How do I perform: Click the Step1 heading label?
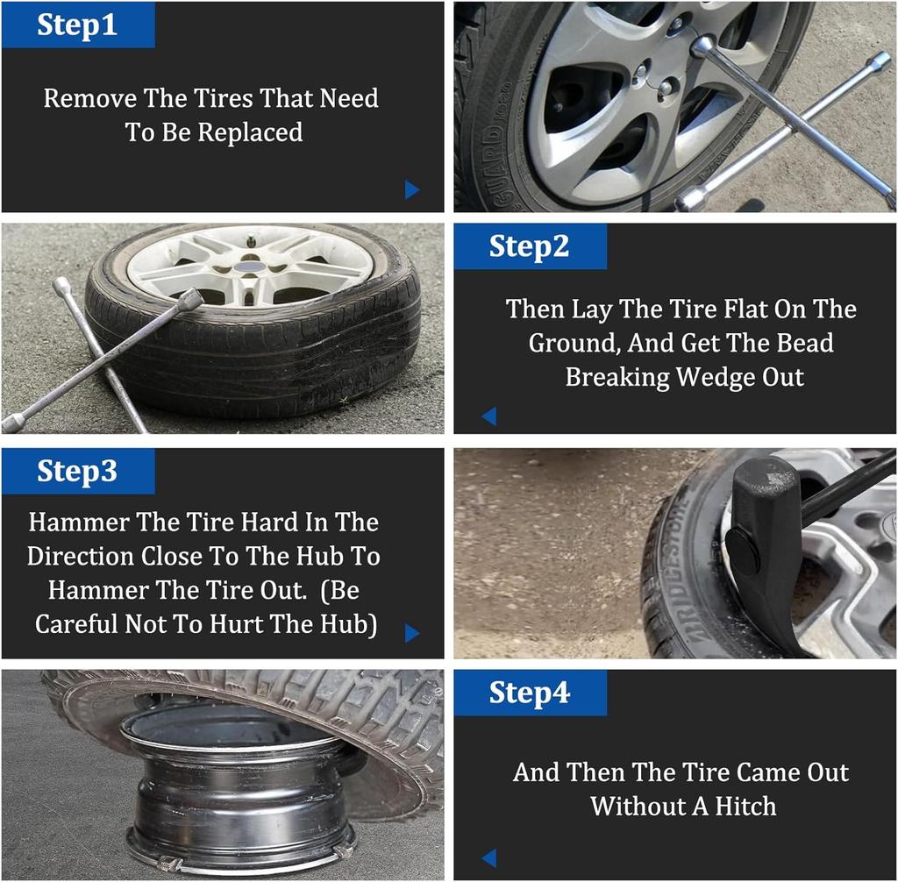(77, 25)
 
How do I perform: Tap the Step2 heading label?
(529, 247)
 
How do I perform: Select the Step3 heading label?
(77, 472)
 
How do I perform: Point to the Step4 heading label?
(529, 693)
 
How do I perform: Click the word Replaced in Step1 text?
(250, 132)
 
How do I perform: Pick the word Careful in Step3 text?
(76, 623)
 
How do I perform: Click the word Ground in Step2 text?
(574, 344)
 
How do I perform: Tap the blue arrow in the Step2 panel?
(489, 416)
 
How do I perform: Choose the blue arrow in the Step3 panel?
(412, 633)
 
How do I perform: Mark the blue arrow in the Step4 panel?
(489, 858)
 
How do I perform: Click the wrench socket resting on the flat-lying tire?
(190, 300)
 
